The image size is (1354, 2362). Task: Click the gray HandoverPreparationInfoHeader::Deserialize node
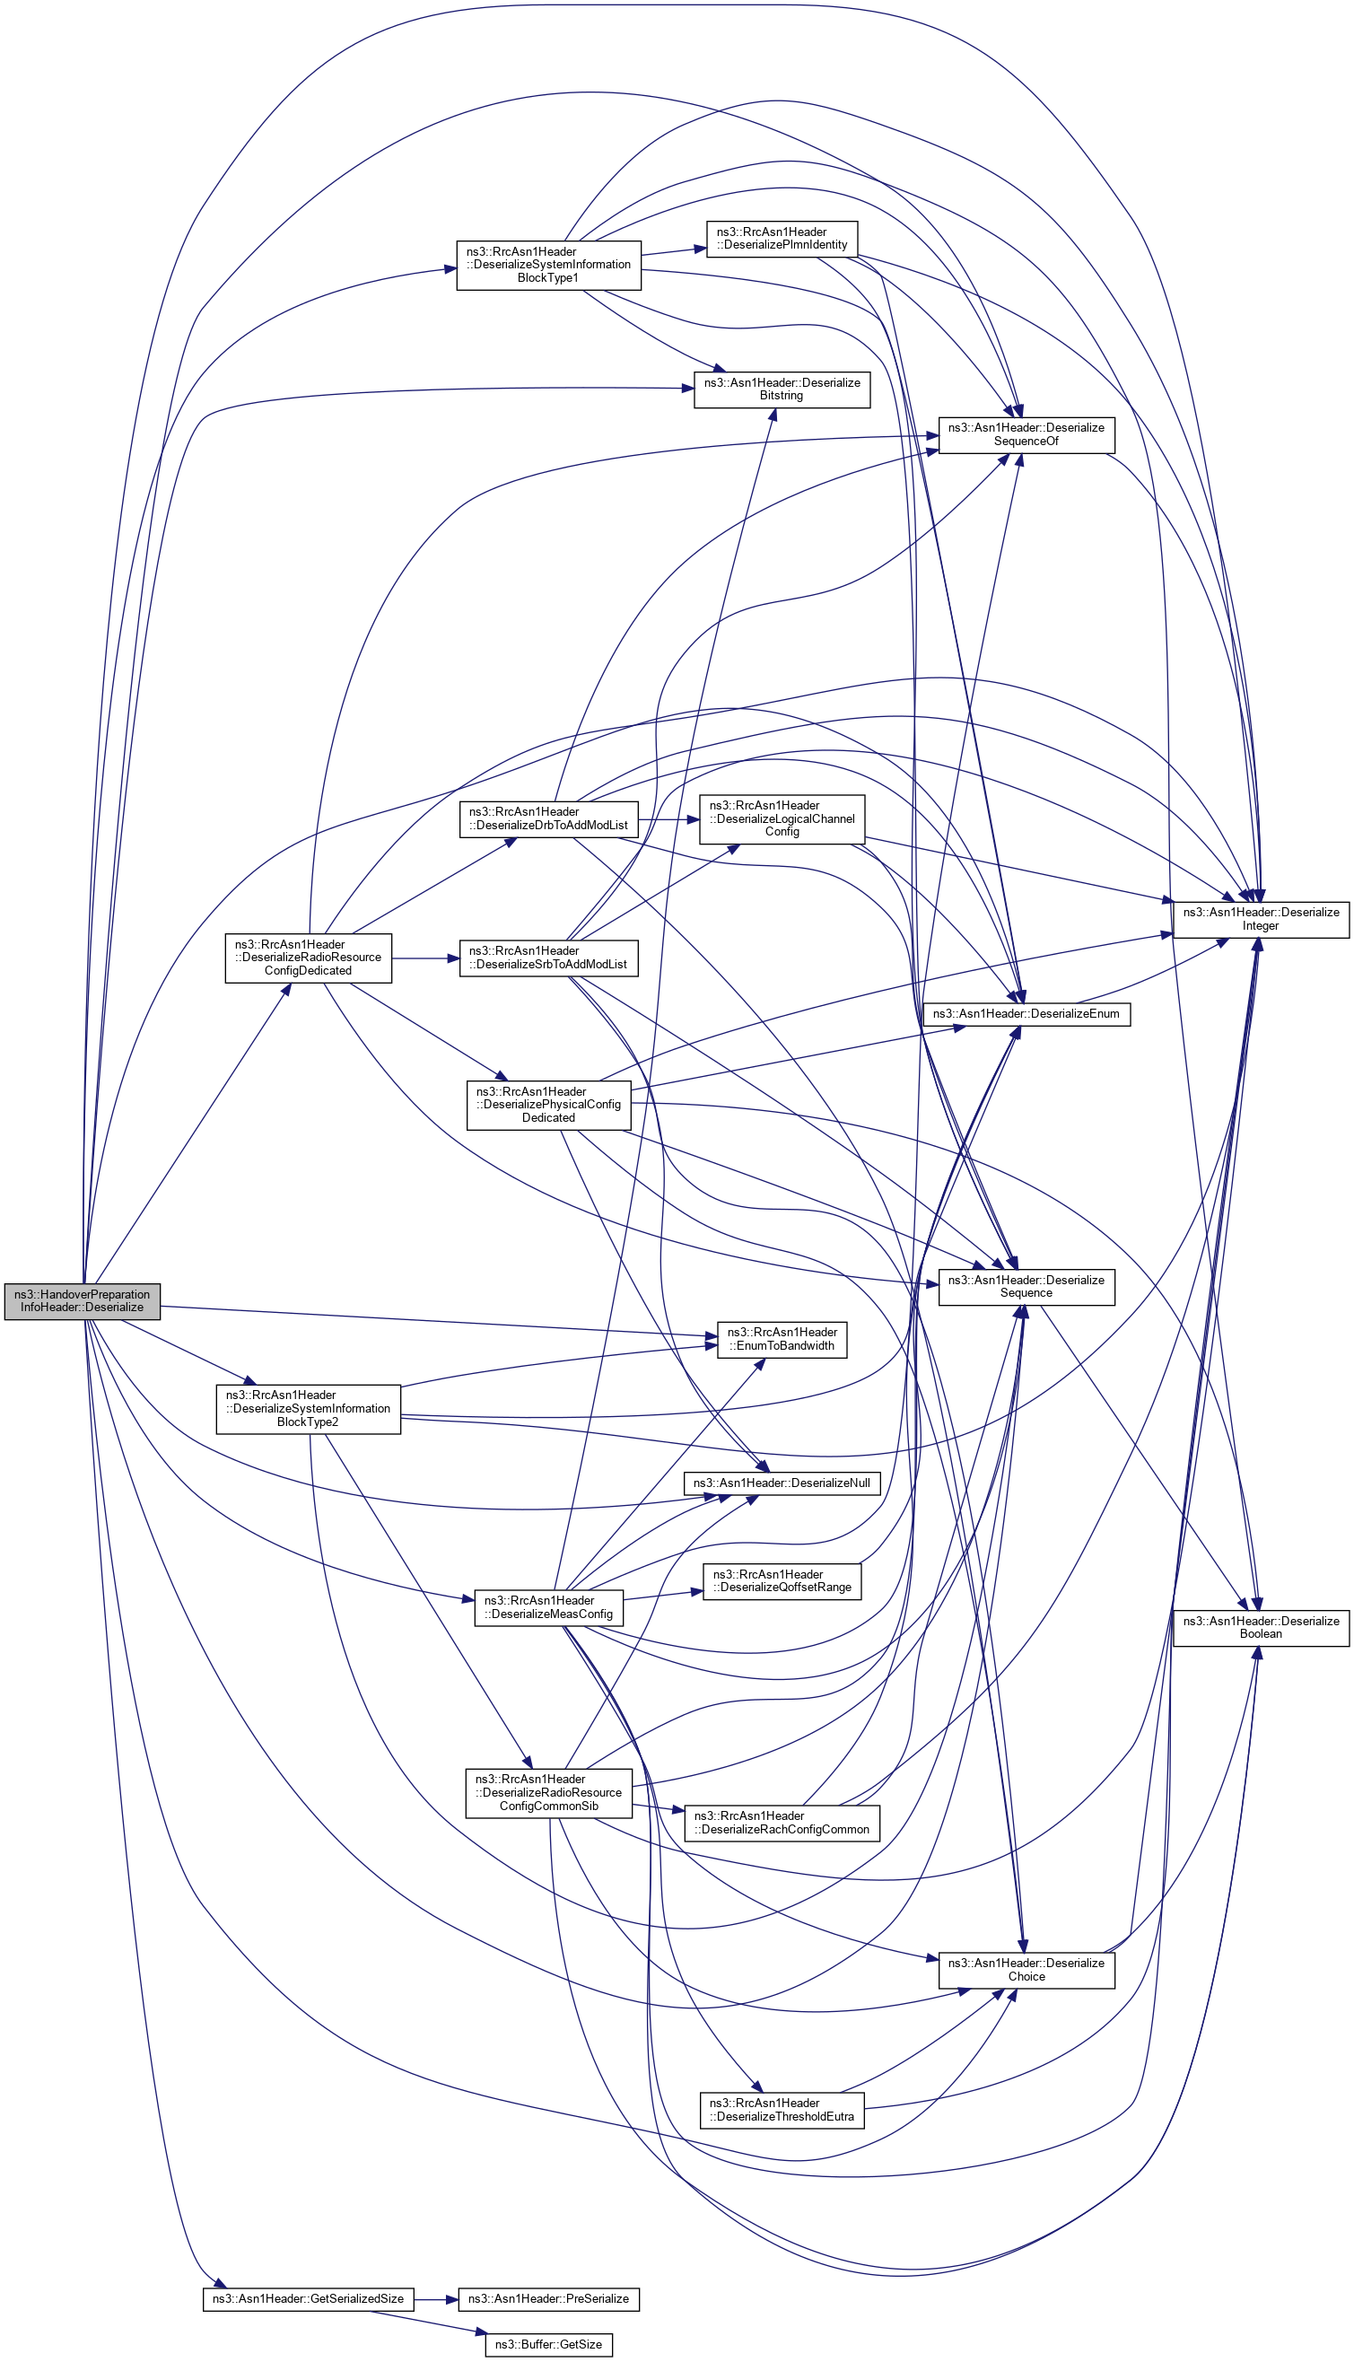pyautogui.click(x=82, y=1300)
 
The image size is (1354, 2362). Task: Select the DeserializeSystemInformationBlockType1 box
pyautogui.click(x=547, y=265)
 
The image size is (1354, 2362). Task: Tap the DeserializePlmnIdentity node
pyautogui.click(x=782, y=239)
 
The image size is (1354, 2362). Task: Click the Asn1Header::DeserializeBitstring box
pyautogui.click(x=782, y=389)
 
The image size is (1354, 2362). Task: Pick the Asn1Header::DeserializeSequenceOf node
pyautogui.click(x=1026, y=434)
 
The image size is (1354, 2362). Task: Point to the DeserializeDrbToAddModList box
pyautogui.click(x=547, y=818)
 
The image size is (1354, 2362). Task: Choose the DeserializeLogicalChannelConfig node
pyautogui.click(x=782, y=818)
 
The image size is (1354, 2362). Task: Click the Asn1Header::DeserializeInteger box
pyautogui.click(x=1260, y=919)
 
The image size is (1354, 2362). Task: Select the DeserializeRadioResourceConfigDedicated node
pyautogui.click(x=308, y=957)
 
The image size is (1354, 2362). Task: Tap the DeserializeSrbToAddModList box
pyautogui.click(x=547, y=958)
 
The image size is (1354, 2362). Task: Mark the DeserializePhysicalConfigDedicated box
pyautogui.click(x=547, y=1105)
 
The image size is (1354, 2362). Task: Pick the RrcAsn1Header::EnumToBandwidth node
pyautogui.click(x=782, y=1339)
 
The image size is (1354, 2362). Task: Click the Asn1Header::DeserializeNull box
pyautogui.click(x=782, y=1483)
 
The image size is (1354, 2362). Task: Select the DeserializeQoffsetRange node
pyautogui.click(x=782, y=1581)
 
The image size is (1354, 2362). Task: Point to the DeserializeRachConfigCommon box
pyautogui.click(x=782, y=1823)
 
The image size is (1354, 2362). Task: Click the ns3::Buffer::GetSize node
pyautogui.click(x=547, y=2344)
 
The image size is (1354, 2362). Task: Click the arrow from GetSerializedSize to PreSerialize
pyautogui.click(x=435, y=2299)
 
